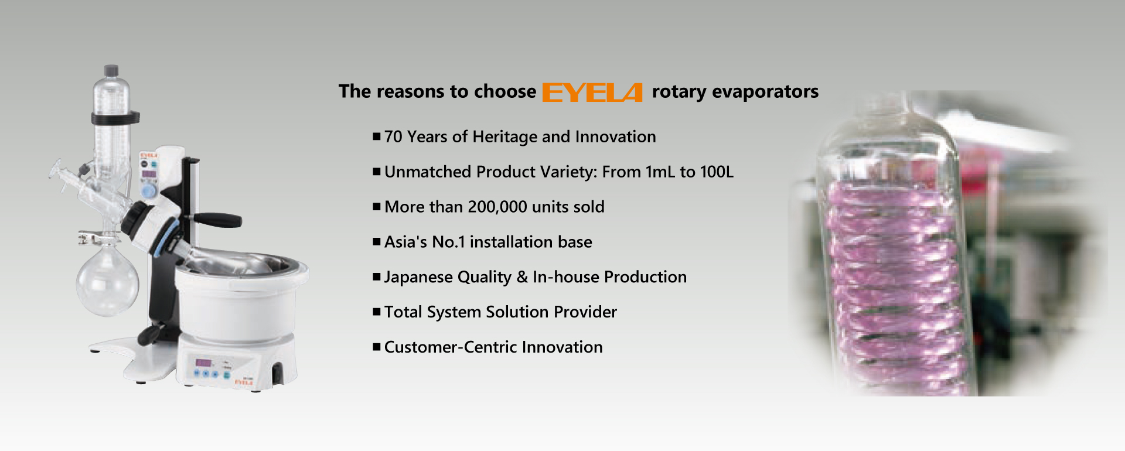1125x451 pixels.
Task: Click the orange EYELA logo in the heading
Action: pyautogui.click(x=592, y=93)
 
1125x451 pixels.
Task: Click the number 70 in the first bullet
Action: pyautogui.click(x=393, y=137)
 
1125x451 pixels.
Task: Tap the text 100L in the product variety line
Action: pyautogui.click(x=716, y=172)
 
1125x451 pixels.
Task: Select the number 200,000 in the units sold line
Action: pyautogui.click(x=497, y=207)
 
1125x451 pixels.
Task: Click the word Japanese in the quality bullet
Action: pyautogui.click(x=410, y=277)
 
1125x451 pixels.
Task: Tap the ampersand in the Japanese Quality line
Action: pyautogui.click(x=522, y=277)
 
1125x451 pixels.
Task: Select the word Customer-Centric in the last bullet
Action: pyautogui.click(x=450, y=347)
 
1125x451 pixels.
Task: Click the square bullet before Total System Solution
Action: pyautogui.click(x=377, y=312)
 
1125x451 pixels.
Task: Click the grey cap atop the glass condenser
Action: pyautogui.click(x=111, y=70)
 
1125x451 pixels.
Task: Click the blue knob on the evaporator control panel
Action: pyautogui.click(x=149, y=191)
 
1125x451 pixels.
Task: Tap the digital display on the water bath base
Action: pyautogui.click(x=203, y=362)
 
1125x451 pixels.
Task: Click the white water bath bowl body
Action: pyautogui.click(x=237, y=307)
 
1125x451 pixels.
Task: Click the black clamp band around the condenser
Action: pyautogui.click(x=115, y=118)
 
